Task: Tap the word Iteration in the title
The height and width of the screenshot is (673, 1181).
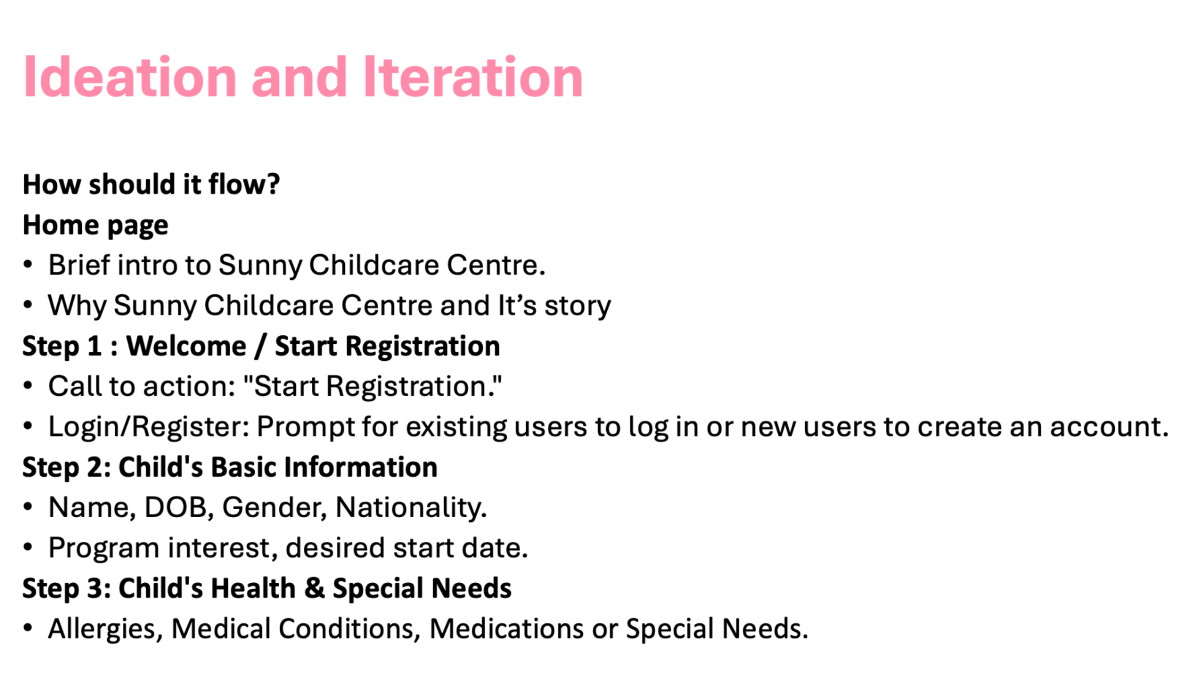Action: pos(473,77)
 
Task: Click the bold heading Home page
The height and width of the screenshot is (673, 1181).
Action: pos(95,226)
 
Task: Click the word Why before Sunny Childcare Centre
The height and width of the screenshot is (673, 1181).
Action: pos(77,306)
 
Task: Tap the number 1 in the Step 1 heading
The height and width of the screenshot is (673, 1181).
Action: pos(94,346)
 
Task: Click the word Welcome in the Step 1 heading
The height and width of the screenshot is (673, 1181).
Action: pos(186,346)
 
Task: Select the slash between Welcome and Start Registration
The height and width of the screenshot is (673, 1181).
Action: pos(261,346)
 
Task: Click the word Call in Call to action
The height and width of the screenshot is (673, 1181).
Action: pos(74,386)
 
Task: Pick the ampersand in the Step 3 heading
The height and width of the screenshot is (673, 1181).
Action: pos(314,588)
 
